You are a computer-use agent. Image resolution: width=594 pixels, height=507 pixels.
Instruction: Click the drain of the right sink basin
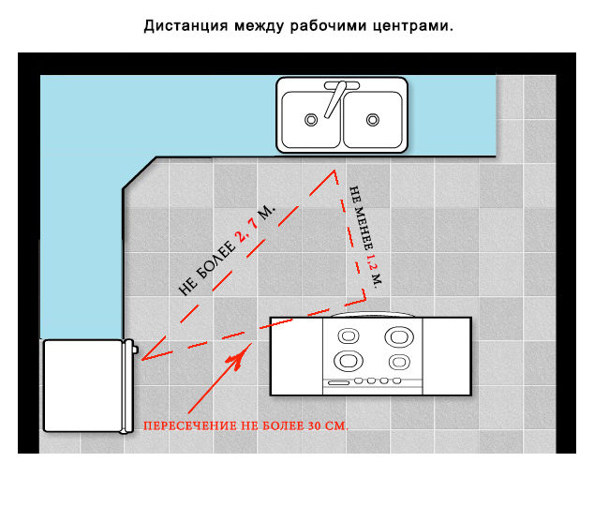coord(374,120)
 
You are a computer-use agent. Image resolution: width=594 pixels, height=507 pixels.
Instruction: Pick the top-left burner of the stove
coord(349,336)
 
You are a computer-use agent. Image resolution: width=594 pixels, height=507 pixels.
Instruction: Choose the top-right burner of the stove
coord(400,336)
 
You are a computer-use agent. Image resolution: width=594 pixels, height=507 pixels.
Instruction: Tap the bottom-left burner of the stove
coord(349,361)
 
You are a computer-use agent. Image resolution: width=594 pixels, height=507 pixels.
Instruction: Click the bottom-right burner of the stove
coord(400,361)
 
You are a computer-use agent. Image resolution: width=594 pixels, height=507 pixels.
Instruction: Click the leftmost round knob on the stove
coord(359,381)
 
